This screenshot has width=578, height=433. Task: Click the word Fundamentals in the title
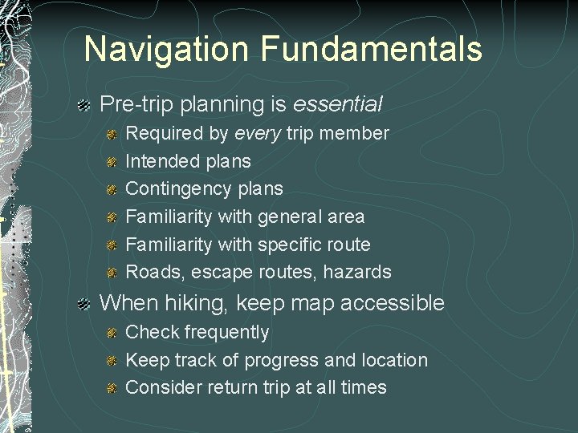(x=371, y=49)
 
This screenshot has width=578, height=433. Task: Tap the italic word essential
(x=337, y=104)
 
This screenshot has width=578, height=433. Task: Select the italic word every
(x=258, y=133)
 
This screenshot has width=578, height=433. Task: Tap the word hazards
(x=357, y=273)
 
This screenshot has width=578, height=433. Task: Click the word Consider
(x=164, y=387)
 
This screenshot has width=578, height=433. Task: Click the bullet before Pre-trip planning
(x=83, y=105)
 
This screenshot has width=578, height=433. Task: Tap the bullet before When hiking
(x=83, y=304)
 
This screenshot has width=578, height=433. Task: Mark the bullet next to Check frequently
(x=112, y=333)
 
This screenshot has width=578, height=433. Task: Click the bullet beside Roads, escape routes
(x=112, y=273)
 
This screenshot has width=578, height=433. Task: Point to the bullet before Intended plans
(x=112, y=162)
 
